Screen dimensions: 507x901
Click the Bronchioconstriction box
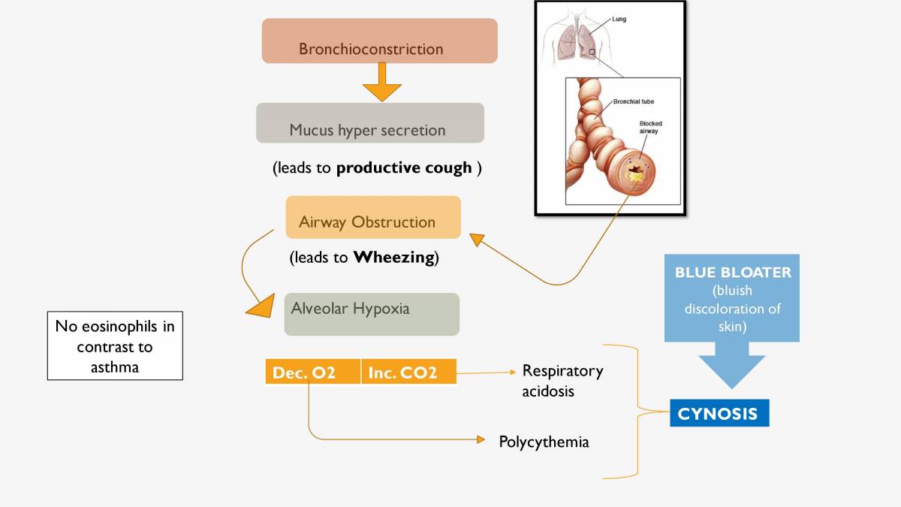379,41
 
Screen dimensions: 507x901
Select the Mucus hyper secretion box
369,123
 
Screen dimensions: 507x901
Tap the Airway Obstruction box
372,218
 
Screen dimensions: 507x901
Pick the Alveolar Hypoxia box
371,314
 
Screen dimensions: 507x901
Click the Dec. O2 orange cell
312,373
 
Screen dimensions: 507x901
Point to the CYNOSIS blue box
719,414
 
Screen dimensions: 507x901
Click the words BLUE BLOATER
733,272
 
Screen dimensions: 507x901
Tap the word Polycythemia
544,442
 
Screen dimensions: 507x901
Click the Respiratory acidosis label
562,381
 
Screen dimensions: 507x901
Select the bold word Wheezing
393,258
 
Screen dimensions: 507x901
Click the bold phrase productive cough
404,168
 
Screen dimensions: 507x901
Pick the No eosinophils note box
115,346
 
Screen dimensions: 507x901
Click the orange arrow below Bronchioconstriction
382,83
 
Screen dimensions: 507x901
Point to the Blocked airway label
650,127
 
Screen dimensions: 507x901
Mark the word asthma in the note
115,367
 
